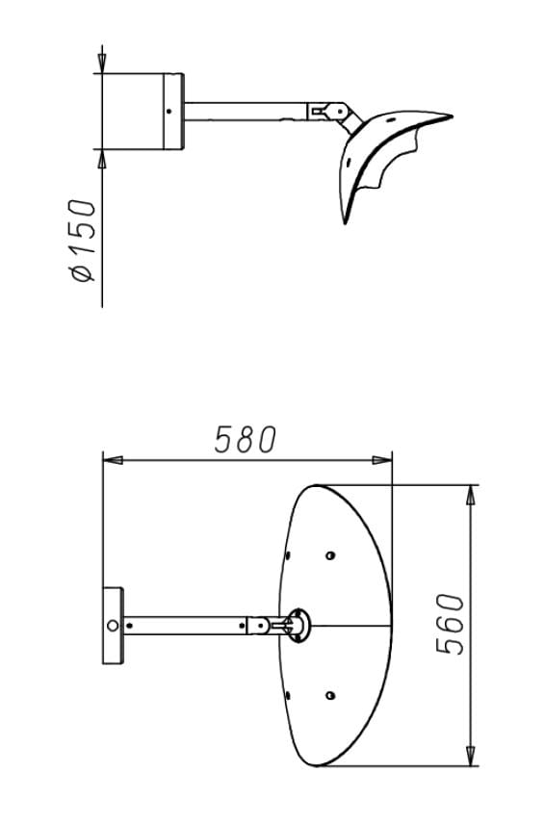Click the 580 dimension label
point(245,440)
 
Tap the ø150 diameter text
point(83,241)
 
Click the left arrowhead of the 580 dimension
point(113,461)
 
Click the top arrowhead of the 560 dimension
point(470,495)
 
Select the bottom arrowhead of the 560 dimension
point(470,756)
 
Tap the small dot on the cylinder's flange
point(169,111)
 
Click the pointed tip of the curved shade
point(448,116)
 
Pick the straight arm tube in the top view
point(246,112)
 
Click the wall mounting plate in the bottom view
point(113,625)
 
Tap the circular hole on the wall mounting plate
point(113,626)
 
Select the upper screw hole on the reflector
point(330,555)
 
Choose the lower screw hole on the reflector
point(330,694)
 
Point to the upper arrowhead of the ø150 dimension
point(101,64)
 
